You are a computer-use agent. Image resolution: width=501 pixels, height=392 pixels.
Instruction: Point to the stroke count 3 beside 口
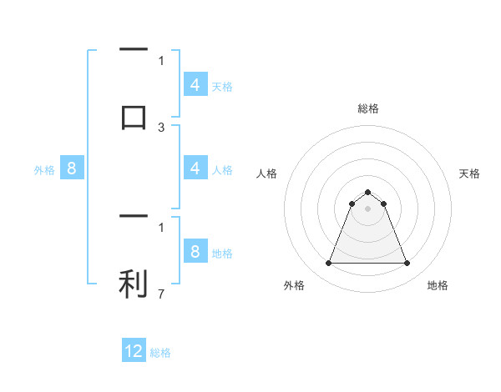click(x=161, y=128)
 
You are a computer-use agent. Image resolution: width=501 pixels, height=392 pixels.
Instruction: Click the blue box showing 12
click(x=134, y=352)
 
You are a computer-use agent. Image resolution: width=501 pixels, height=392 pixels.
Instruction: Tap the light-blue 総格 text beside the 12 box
click(x=160, y=353)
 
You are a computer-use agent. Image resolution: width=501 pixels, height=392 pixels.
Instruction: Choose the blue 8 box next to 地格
click(x=195, y=253)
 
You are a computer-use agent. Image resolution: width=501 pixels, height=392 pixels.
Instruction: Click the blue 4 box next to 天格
click(x=195, y=85)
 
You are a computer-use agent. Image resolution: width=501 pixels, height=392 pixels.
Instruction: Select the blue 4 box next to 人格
click(x=195, y=169)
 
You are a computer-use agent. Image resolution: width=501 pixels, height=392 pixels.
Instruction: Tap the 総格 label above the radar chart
click(x=367, y=108)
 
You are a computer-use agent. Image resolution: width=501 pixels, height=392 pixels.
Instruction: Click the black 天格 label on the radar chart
click(x=470, y=173)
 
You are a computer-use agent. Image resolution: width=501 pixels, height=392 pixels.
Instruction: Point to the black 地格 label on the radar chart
click(x=438, y=285)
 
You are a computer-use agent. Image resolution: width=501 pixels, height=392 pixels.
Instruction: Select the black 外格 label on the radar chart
click(x=294, y=285)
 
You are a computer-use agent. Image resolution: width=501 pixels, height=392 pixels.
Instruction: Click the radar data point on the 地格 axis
click(x=407, y=264)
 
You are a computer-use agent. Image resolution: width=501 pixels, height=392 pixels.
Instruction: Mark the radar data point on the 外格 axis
click(x=328, y=264)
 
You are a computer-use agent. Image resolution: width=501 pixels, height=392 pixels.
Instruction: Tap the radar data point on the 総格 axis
click(x=367, y=192)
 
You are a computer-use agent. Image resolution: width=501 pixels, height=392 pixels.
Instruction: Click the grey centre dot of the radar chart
click(x=367, y=209)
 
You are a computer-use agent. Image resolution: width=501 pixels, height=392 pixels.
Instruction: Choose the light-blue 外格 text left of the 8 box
click(x=44, y=170)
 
